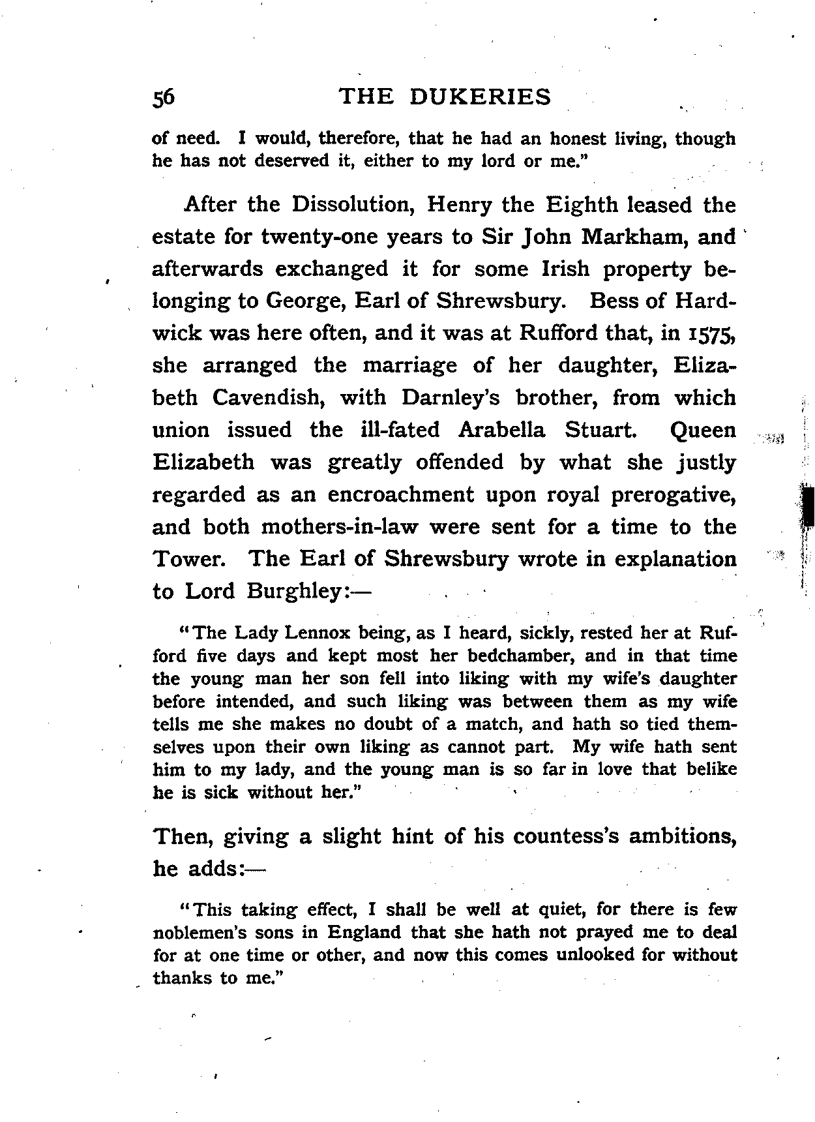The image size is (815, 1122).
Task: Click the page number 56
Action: [164, 97]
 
